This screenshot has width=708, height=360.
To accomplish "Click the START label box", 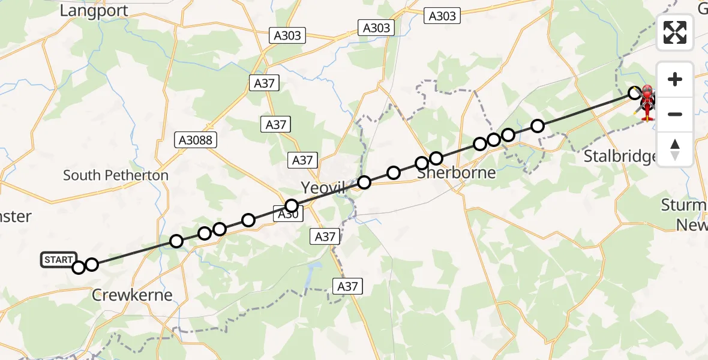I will (59, 260).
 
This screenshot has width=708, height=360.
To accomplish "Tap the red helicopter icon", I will (647, 103).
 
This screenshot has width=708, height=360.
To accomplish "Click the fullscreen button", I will (675, 32).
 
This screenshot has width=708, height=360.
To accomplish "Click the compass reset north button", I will (675, 149).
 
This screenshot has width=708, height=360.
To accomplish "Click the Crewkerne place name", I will (132, 295).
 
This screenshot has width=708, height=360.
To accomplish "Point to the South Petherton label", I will (116, 175).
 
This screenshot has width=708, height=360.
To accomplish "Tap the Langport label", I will (94, 10).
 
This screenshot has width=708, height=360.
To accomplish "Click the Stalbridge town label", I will (621, 157).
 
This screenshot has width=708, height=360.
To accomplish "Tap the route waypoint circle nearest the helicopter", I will (634, 93).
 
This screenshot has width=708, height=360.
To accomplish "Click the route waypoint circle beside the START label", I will (79, 268).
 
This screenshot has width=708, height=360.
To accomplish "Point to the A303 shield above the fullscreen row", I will (442, 16).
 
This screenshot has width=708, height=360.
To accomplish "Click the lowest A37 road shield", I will (347, 286).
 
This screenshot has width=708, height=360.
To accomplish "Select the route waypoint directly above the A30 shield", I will (292, 206).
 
